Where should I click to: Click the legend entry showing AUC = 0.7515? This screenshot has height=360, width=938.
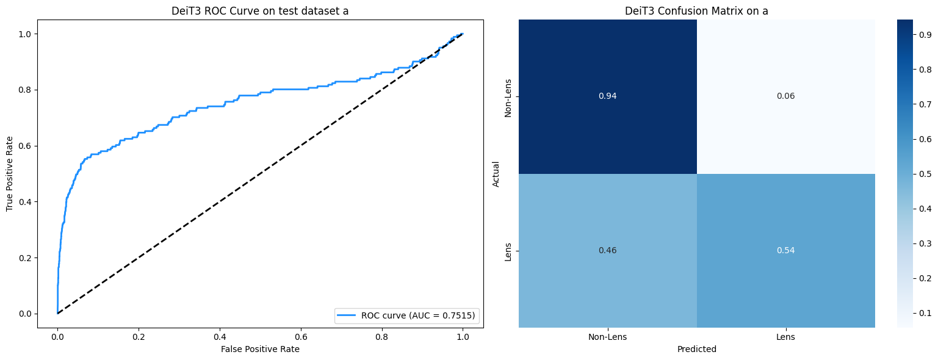pyautogui.click(x=406, y=315)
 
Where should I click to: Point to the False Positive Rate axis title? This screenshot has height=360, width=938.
pyautogui.click(x=260, y=349)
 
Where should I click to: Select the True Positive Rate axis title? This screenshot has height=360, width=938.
pyautogui.click(x=10, y=173)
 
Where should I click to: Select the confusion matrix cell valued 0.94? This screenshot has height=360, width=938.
pyautogui.click(x=607, y=96)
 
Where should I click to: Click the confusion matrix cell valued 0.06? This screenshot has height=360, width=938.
pyautogui.click(x=785, y=96)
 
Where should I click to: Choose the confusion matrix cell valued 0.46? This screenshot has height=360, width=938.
pyautogui.click(x=607, y=251)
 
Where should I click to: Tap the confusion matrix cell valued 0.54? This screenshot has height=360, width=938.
pyautogui.click(x=785, y=251)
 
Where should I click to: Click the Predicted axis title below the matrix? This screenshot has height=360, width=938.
pyautogui.click(x=696, y=349)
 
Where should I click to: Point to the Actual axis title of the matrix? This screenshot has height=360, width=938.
pyautogui.click(x=496, y=173)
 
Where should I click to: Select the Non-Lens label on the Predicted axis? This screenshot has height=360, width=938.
pyautogui.click(x=607, y=337)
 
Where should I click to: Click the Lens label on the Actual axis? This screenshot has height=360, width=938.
pyautogui.click(x=508, y=251)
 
